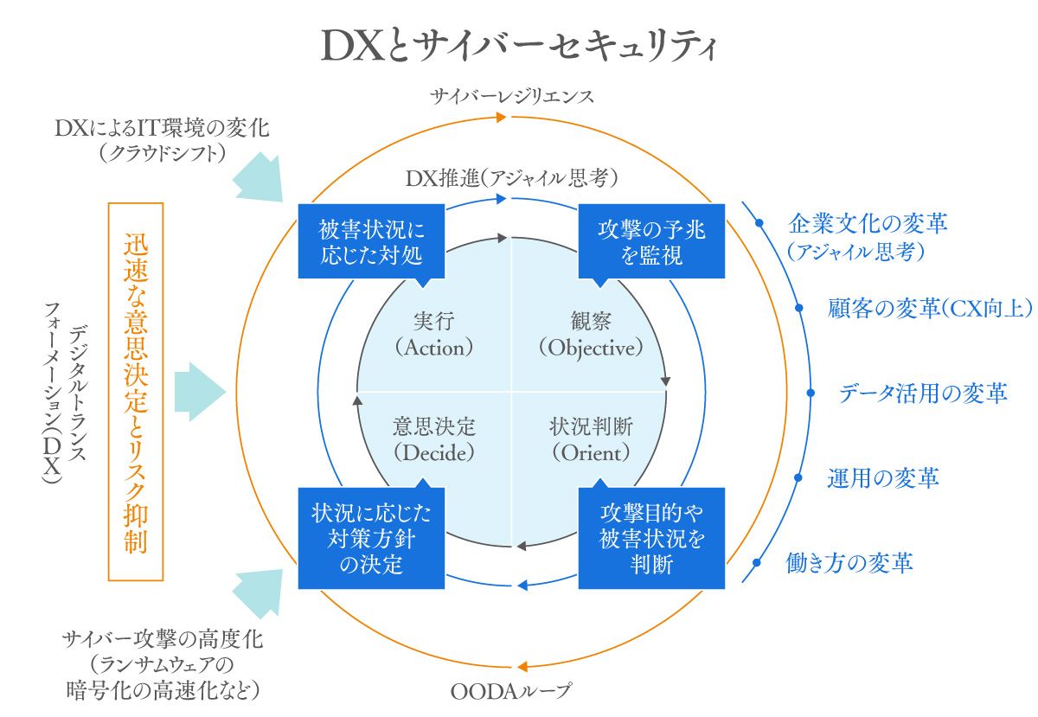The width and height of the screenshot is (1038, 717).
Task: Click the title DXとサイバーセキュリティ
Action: [519, 48]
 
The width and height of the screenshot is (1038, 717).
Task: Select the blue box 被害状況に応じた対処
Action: [371, 241]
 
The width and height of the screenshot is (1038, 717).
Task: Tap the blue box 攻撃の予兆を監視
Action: [651, 241]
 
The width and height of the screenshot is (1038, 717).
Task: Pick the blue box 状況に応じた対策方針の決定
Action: [371, 538]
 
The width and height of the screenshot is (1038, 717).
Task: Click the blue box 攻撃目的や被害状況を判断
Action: [651, 538]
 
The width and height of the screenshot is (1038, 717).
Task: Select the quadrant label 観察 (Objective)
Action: [591, 334]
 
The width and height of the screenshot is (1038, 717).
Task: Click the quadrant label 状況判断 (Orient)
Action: [591, 439]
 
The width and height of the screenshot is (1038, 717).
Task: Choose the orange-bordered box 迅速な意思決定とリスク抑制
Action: [136, 393]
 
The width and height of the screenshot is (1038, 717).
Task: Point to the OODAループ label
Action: [511, 691]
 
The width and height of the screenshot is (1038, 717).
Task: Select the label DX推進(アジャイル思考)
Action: [511, 178]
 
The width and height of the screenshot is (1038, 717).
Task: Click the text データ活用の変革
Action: [922, 394]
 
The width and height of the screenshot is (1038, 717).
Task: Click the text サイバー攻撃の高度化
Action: [163, 641]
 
